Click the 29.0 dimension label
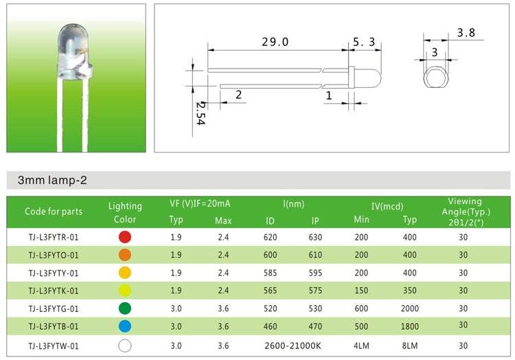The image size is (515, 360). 275,42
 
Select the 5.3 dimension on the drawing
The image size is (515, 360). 364,42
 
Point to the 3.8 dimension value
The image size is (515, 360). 466,32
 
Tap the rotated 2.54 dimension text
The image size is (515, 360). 201,113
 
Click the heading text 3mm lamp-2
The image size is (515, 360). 52,180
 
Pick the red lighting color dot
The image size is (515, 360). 125,237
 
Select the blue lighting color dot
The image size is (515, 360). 125,326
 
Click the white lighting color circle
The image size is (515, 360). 125,346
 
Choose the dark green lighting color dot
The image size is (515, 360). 125,308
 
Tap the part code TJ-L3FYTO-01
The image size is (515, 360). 54,255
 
